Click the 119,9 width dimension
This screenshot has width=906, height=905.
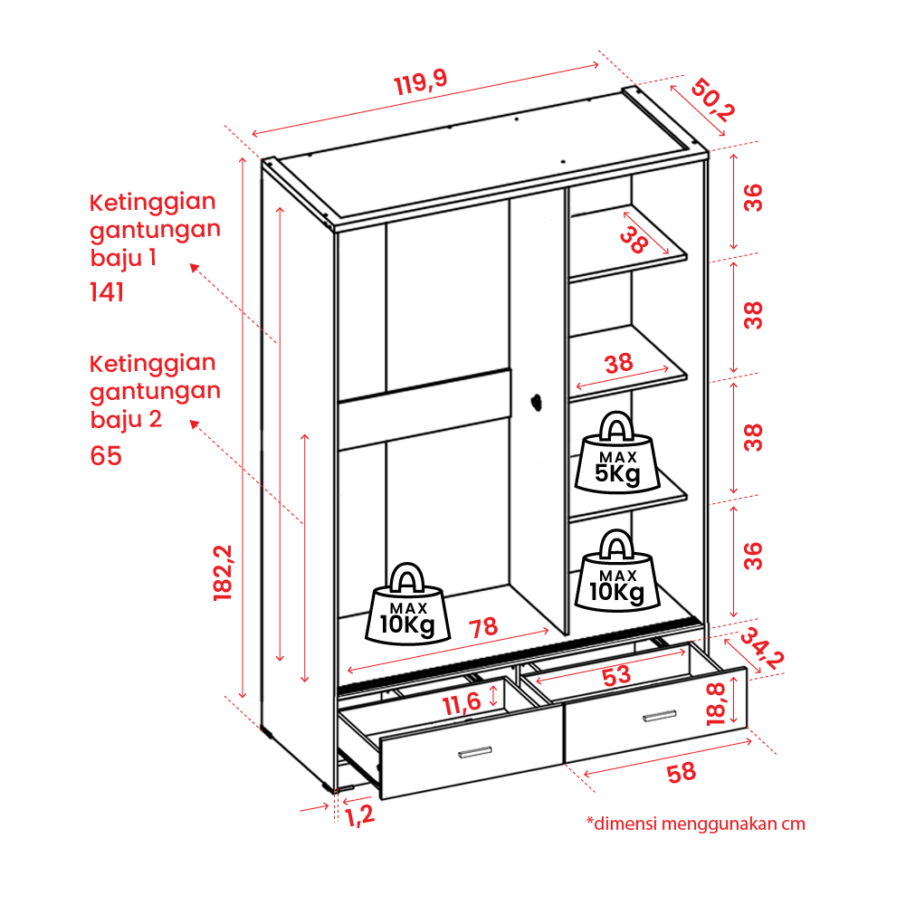coord(421,82)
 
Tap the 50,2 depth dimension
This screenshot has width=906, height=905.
coord(712,100)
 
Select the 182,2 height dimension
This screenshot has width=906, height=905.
coord(223,573)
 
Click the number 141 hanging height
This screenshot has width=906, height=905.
coord(107,291)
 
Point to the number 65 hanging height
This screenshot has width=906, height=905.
coord(106,455)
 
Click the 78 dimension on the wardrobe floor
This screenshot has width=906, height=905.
coord(483,627)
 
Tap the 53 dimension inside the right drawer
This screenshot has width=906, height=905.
coord(616,675)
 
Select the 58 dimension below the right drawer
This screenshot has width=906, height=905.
coord(682,773)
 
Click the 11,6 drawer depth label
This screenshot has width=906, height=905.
coord(462,704)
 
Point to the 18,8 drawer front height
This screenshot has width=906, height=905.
coord(716,704)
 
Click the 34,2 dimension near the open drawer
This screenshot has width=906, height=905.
coord(762,648)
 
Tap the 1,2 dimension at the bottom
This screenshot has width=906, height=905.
coord(360,816)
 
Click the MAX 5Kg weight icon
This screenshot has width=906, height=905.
coord(617,452)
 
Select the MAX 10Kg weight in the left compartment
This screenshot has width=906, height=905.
coord(408,604)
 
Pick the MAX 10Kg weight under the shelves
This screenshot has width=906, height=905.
coord(617,570)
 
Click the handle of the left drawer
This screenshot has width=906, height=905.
coord(475,752)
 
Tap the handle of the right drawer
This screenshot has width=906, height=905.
coord(659,716)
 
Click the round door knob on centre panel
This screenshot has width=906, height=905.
coord(536,402)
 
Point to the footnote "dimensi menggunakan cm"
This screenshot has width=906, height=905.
coord(696,824)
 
